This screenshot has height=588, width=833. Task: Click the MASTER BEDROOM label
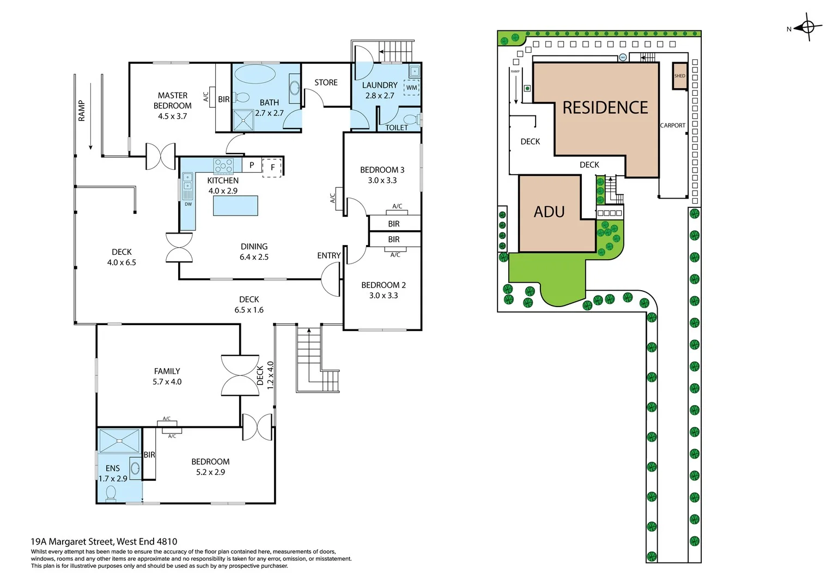(172, 101)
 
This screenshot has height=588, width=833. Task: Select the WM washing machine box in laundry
(411, 88)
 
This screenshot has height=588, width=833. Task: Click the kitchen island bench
(235, 206)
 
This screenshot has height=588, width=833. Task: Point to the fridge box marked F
(272, 167)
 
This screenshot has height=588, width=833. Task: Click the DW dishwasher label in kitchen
(188, 204)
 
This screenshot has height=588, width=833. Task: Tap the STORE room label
(326, 83)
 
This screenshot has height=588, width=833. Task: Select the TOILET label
(397, 128)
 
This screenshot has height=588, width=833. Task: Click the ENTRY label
(329, 255)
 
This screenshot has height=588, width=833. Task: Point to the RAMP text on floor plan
(82, 111)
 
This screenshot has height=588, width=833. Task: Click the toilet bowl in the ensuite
(111, 493)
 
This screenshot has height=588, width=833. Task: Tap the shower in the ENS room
(120, 441)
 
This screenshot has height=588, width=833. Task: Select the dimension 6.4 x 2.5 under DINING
(254, 257)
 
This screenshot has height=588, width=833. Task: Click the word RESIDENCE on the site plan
(605, 108)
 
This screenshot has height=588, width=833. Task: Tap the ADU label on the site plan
(549, 212)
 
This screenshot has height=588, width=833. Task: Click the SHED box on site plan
(679, 76)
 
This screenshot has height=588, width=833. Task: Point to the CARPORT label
(672, 125)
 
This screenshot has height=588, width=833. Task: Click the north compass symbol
(808, 27)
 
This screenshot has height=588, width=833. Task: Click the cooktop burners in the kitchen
(223, 166)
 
